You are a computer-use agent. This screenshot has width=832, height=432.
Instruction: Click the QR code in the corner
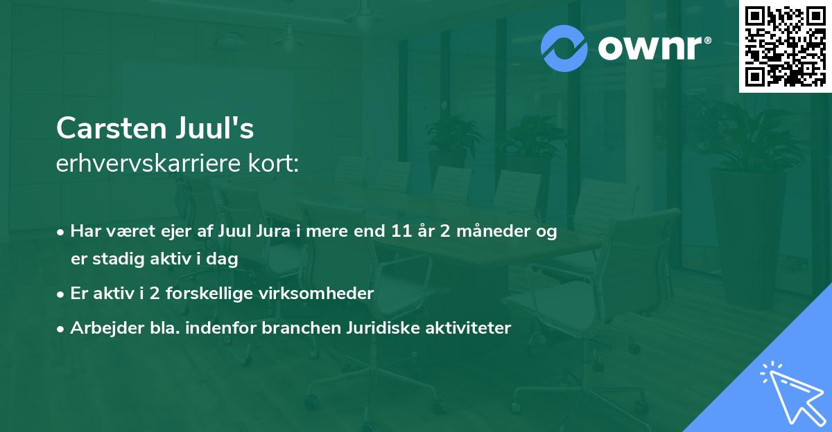click(785, 46)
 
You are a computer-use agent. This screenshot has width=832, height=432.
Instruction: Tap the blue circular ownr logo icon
click(564, 48)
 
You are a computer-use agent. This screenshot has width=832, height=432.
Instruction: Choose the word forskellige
click(209, 294)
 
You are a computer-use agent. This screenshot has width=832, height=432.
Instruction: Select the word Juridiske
click(381, 328)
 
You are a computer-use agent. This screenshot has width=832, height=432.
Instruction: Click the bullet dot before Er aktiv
click(61, 294)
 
